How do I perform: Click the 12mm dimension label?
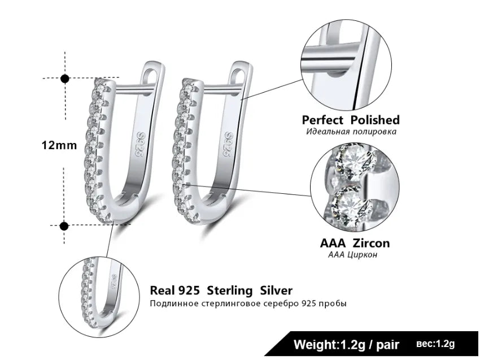point(59,145)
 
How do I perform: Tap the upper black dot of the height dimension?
point(65,79)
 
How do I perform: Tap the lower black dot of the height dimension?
point(64,226)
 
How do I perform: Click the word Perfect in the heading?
point(323,120)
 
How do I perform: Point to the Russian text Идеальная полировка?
point(351,132)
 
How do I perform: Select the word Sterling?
point(230,291)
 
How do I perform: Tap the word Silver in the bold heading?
point(276,291)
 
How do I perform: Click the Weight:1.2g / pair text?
point(347,344)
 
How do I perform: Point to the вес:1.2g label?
point(435,344)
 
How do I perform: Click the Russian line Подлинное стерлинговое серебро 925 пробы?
point(248,304)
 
